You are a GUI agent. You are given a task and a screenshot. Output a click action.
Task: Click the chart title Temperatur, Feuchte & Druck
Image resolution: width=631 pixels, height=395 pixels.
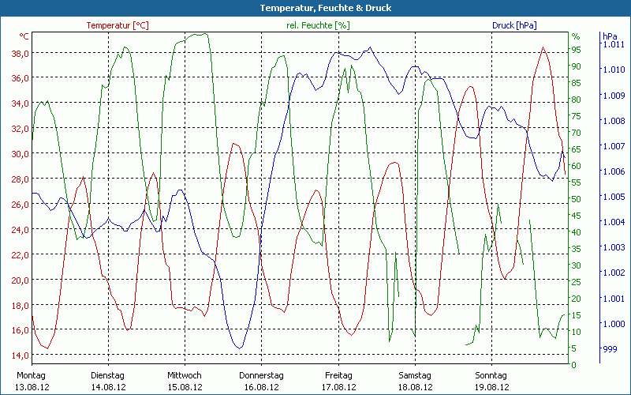[x=315, y=8]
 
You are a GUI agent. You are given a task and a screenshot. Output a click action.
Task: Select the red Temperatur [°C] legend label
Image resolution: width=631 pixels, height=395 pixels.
[x=118, y=25]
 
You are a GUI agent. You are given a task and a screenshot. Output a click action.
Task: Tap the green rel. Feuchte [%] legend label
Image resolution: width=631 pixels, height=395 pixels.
[x=318, y=25]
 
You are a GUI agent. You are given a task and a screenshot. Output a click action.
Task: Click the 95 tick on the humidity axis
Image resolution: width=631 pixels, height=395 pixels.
[x=576, y=49]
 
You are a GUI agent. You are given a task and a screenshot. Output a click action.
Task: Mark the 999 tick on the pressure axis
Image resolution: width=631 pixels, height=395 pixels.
[x=610, y=348]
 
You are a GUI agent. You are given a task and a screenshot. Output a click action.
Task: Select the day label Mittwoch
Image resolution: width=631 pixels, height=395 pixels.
[x=185, y=375]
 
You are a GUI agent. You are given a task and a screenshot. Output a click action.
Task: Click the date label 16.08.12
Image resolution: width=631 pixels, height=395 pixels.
[x=261, y=387]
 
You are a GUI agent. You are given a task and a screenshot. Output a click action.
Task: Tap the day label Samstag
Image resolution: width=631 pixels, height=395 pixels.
[x=415, y=375]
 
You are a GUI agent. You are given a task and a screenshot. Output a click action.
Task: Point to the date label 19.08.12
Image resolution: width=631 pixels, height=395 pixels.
[x=491, y=387]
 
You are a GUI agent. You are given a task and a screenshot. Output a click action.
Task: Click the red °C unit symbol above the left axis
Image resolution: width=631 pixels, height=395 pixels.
[x=24, y=36]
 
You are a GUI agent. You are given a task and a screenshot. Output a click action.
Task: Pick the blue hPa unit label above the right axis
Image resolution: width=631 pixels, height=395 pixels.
[x=610, y=36]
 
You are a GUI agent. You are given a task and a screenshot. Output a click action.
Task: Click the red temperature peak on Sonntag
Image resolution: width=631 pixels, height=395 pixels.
[x=543, y=47]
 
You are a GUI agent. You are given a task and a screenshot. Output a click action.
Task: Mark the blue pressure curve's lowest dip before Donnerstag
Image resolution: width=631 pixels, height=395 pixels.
[x=239, y=348]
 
